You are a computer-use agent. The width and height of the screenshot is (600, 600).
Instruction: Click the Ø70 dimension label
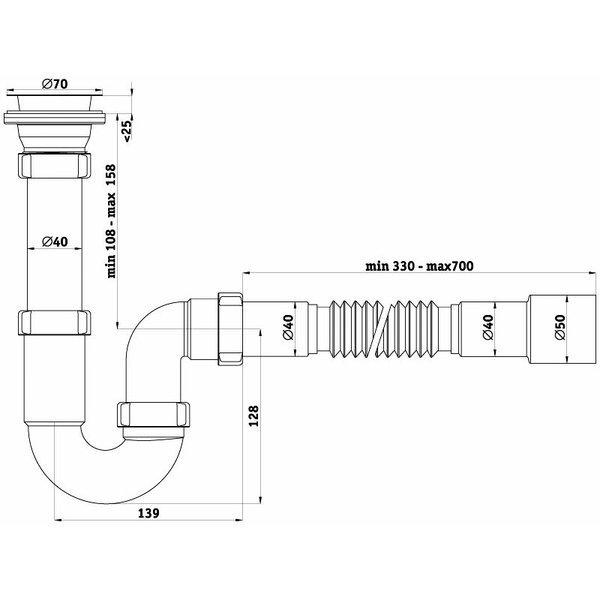[x=55, y=84]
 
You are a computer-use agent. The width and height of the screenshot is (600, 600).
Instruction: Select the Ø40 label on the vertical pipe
[x=55, y=241]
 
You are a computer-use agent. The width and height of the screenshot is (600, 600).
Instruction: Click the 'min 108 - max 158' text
[x=111, y=221]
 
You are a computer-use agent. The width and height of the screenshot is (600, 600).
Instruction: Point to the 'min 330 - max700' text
[x=419, y=265]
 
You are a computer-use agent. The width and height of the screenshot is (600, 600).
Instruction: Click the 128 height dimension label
[x=253, y=416]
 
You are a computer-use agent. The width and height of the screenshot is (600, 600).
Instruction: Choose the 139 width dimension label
[x=148, y=513]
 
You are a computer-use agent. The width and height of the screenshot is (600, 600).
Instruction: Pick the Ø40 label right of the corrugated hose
[x=487, y=327]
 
